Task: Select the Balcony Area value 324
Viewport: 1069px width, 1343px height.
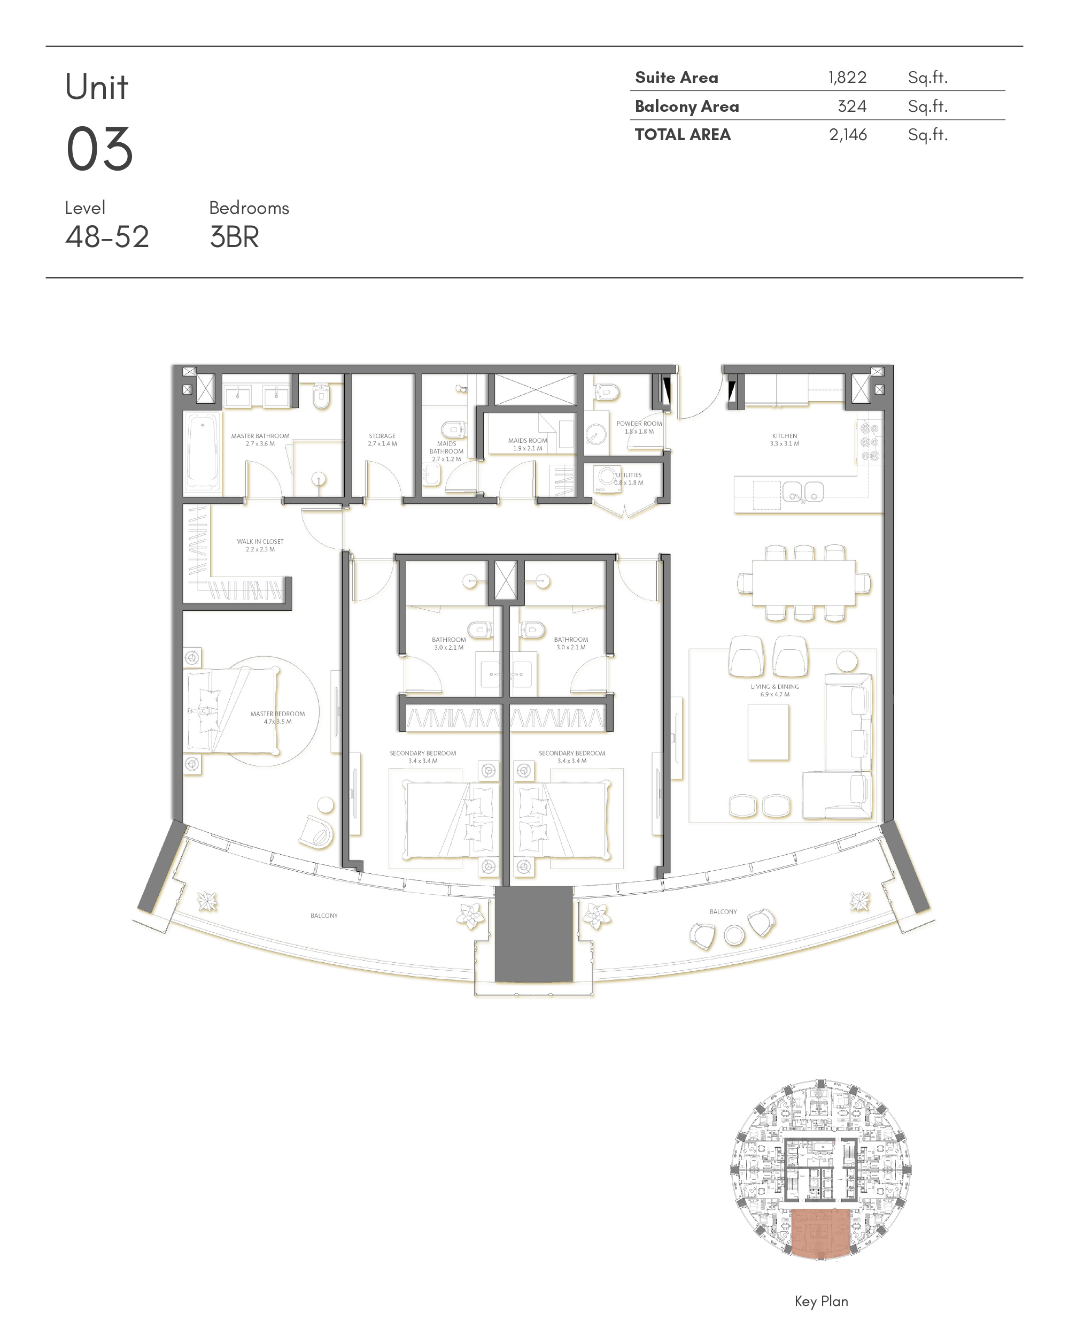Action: click(x=851, y=106)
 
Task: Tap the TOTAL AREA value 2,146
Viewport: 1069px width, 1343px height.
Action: click(x=847, y=135)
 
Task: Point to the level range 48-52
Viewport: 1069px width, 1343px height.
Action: click(x=107, y=237)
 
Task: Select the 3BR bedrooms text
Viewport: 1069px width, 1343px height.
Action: click(x=234, y=237)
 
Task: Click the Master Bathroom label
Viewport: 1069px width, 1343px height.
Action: click(x=260, y=440)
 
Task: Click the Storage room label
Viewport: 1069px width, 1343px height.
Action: click(x=382, y=440)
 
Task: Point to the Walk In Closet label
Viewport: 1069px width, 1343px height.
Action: click(x=260, y=545)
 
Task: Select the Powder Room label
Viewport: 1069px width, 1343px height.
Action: click(x=639, y=427)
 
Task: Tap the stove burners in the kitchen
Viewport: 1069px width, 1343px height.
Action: click(x=870, y=442)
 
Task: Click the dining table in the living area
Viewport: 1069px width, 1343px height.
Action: click(x=803, y=582)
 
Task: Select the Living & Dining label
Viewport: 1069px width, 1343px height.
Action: click(x=774, y=690)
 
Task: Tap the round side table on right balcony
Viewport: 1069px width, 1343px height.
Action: click(x=734, y=935)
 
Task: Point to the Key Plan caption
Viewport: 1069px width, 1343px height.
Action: click(x=820, y=1301)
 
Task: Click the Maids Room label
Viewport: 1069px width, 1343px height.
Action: click(x=528, y=444)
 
